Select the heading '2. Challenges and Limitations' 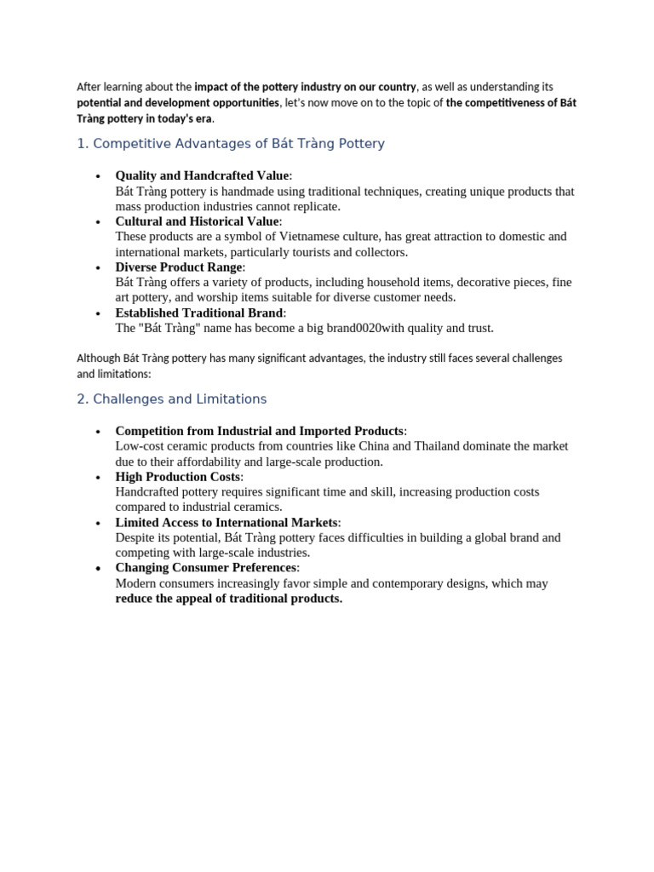pyautogui.click(x=171, y=399)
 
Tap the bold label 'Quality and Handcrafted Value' pyautogui.click(x=202, y=175)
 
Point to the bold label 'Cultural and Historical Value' pyautogui.click(x=197, y=221)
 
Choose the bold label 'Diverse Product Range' pyautogui.click(x=179, y=267)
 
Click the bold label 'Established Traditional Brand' pyautogui.click(x=199, y=313)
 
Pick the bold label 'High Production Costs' pyautogui.click(x=178, y=477)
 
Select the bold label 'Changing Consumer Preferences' pyautogui.click(x=207, y=567)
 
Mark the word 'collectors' pyautogui.click(x=379, y=252)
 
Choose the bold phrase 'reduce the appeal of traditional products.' pyautogui.click(x=228, y=599)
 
